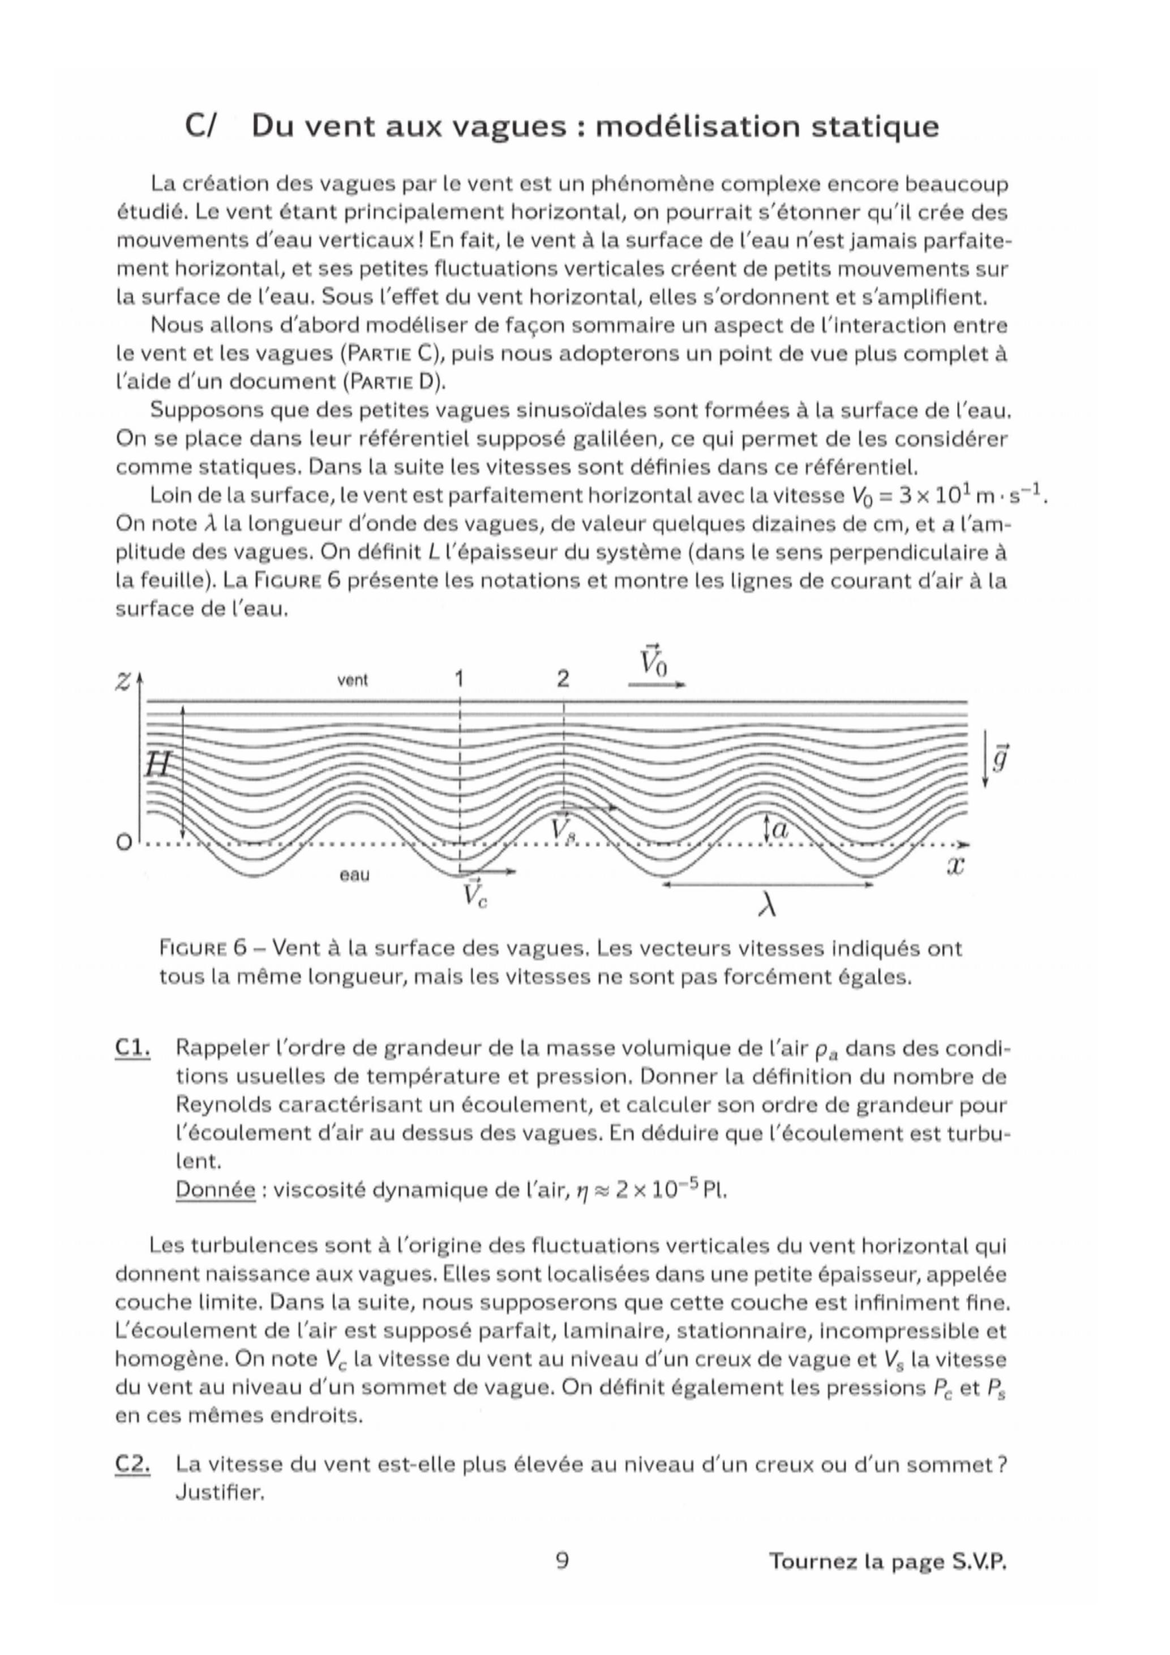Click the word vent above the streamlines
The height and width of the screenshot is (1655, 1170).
click(x=353, y=680)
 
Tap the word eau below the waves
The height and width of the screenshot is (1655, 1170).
click(x=354, y=875)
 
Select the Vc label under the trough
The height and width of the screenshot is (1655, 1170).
click(x=474, y=894)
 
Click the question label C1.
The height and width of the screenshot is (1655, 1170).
click(x=132, y=1048)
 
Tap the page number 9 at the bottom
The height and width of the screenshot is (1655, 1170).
click(x=563, y=1560)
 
